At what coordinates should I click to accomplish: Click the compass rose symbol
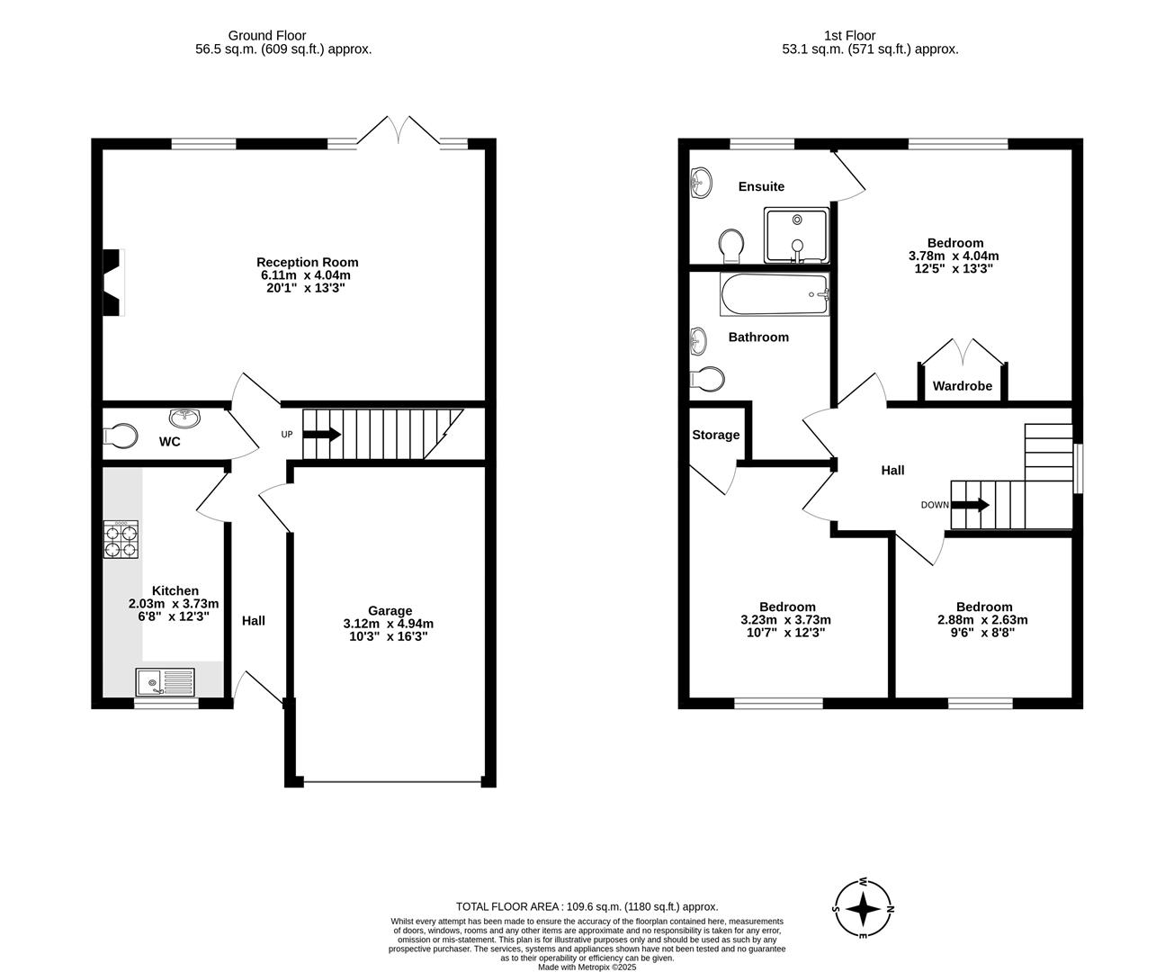864,908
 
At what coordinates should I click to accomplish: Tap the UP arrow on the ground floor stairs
321,435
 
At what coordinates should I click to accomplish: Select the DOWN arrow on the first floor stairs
970,505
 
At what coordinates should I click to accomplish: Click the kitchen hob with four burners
121,540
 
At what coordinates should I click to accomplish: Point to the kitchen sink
165,683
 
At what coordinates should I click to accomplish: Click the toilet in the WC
121,436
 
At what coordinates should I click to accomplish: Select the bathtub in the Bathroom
774,295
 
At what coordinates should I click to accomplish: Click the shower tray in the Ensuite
797,234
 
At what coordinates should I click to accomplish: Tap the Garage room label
390,611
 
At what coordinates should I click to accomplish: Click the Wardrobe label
962,386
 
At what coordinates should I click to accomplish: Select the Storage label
716,435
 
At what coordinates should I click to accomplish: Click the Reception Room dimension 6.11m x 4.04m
307,275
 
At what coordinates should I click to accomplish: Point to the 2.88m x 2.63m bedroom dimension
982,620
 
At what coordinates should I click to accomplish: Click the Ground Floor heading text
266,36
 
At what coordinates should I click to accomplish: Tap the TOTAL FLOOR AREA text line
587,907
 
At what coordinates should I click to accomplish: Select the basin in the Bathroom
698,340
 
